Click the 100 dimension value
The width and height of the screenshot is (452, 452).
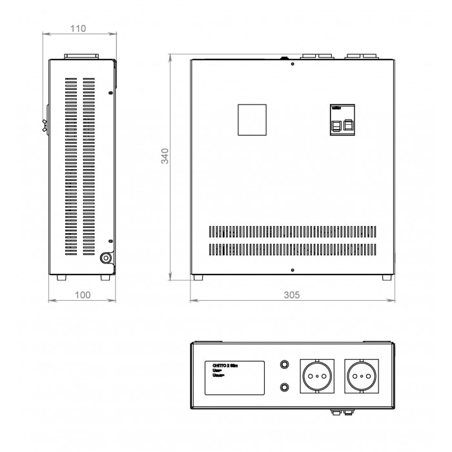[x=83, y=294]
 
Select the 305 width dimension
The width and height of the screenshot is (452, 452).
[x=292, y=294]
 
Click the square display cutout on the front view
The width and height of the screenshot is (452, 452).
[x=252, y=119]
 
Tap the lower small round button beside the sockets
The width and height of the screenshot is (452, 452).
[x=283, y=387]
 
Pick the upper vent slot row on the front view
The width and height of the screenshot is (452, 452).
[x=292, y=231]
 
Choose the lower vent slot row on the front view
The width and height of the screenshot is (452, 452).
[x=292, y=250]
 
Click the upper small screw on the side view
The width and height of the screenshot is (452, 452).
[x=111, y=94]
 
